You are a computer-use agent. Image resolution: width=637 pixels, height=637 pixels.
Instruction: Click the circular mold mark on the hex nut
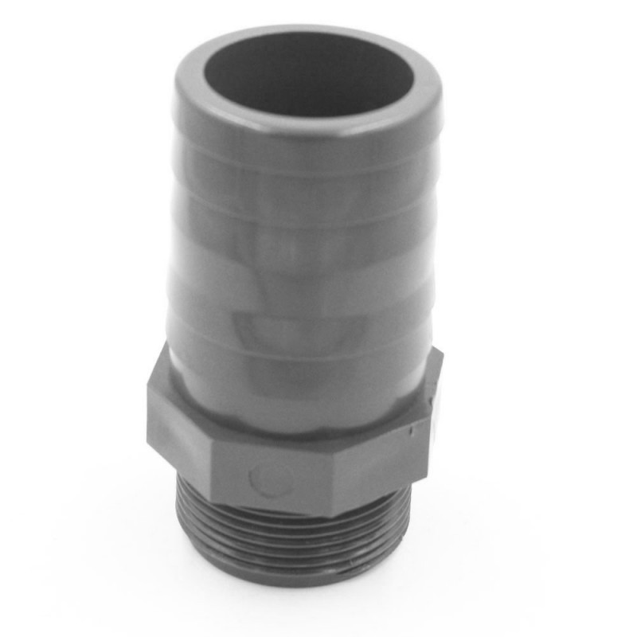270,478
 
